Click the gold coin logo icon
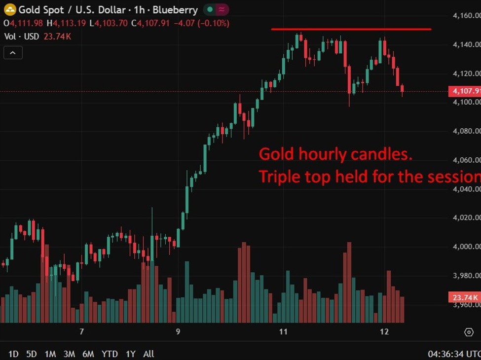[x=9, y=9]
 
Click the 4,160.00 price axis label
[x=466, y=16]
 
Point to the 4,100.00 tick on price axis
[x=466, y=102]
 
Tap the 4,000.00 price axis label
[x=466, y=247]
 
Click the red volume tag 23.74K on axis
[x=464, y=297]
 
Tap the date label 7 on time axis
[x=82, y=332]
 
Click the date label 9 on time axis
[x=178, y=332]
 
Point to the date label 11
[x=283, y=332]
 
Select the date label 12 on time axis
[x=384, y=332]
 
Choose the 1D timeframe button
[x=13, y=354]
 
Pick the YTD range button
[x=110, y=354]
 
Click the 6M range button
[x=88, y=354]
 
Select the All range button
[x=148, y=354]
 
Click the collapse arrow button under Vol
[x=13, y=53]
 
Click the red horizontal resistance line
[x=351, y=29]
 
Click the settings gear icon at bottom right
[x=469, y=332]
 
